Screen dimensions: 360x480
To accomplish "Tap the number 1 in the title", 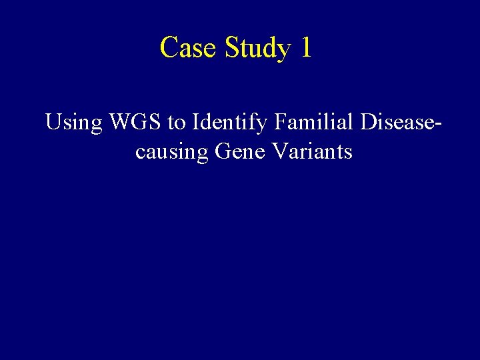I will [305, 48].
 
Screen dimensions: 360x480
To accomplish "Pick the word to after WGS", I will [177, 123].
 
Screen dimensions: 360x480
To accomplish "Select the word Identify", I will [223, 123].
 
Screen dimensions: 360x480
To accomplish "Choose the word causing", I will [172, 153].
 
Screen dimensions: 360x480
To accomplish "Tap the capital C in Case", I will [169, 48].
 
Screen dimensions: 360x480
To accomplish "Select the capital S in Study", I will [233, 48].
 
